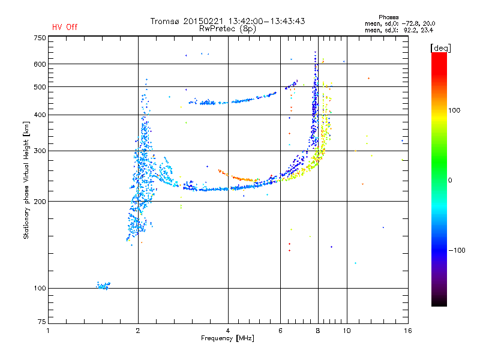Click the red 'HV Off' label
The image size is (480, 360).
click(x=65, y=27)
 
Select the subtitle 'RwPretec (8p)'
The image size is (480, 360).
click(x=227, y=29)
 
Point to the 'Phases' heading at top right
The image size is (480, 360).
click(x=388, y=17)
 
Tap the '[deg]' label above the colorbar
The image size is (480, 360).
click(x=440, y=48)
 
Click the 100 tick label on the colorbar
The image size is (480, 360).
click(x=454, y=110)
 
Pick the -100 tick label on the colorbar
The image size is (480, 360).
click(x=457, y=250)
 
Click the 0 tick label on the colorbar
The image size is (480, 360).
click(x=450, y=181)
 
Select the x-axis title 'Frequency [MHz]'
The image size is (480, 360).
click(x=227, y=338)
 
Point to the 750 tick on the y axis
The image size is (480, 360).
click(x=40, y=38)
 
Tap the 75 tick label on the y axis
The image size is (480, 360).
click(x=42, y=322)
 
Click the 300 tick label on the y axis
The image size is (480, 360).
click(x=40, y=151)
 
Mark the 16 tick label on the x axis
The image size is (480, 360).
click(x=408, y=331)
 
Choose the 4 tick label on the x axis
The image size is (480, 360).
click(x=228, y=331)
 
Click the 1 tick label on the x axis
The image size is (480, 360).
click(x=48, y=331)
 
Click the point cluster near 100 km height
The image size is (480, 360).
click(x=103, y=286)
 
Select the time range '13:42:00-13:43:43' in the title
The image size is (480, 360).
click(x=266, y=21)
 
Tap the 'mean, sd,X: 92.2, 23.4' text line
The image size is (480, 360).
click(x=399, y=31)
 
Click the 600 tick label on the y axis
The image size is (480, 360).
click(x=40, y=64)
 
